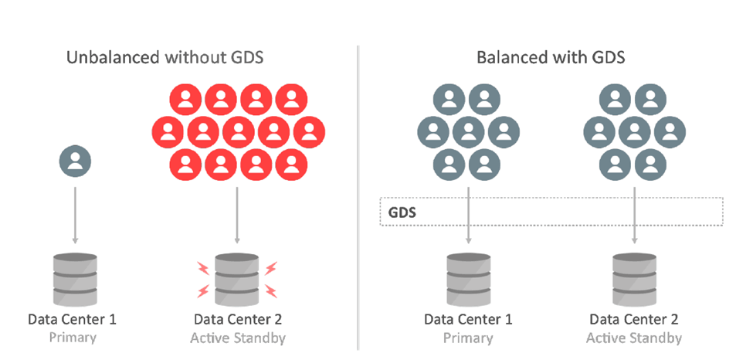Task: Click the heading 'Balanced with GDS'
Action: pos(549,57)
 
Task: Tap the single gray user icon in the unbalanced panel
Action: pos(75,161)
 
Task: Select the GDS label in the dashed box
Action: pos(402,211)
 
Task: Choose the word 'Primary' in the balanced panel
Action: pos(468,338)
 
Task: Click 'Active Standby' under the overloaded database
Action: pos(238,338)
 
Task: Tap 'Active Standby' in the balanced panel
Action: pos(634,338)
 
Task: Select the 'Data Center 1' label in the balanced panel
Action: pos(468,318)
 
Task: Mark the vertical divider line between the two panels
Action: pos(358,193)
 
